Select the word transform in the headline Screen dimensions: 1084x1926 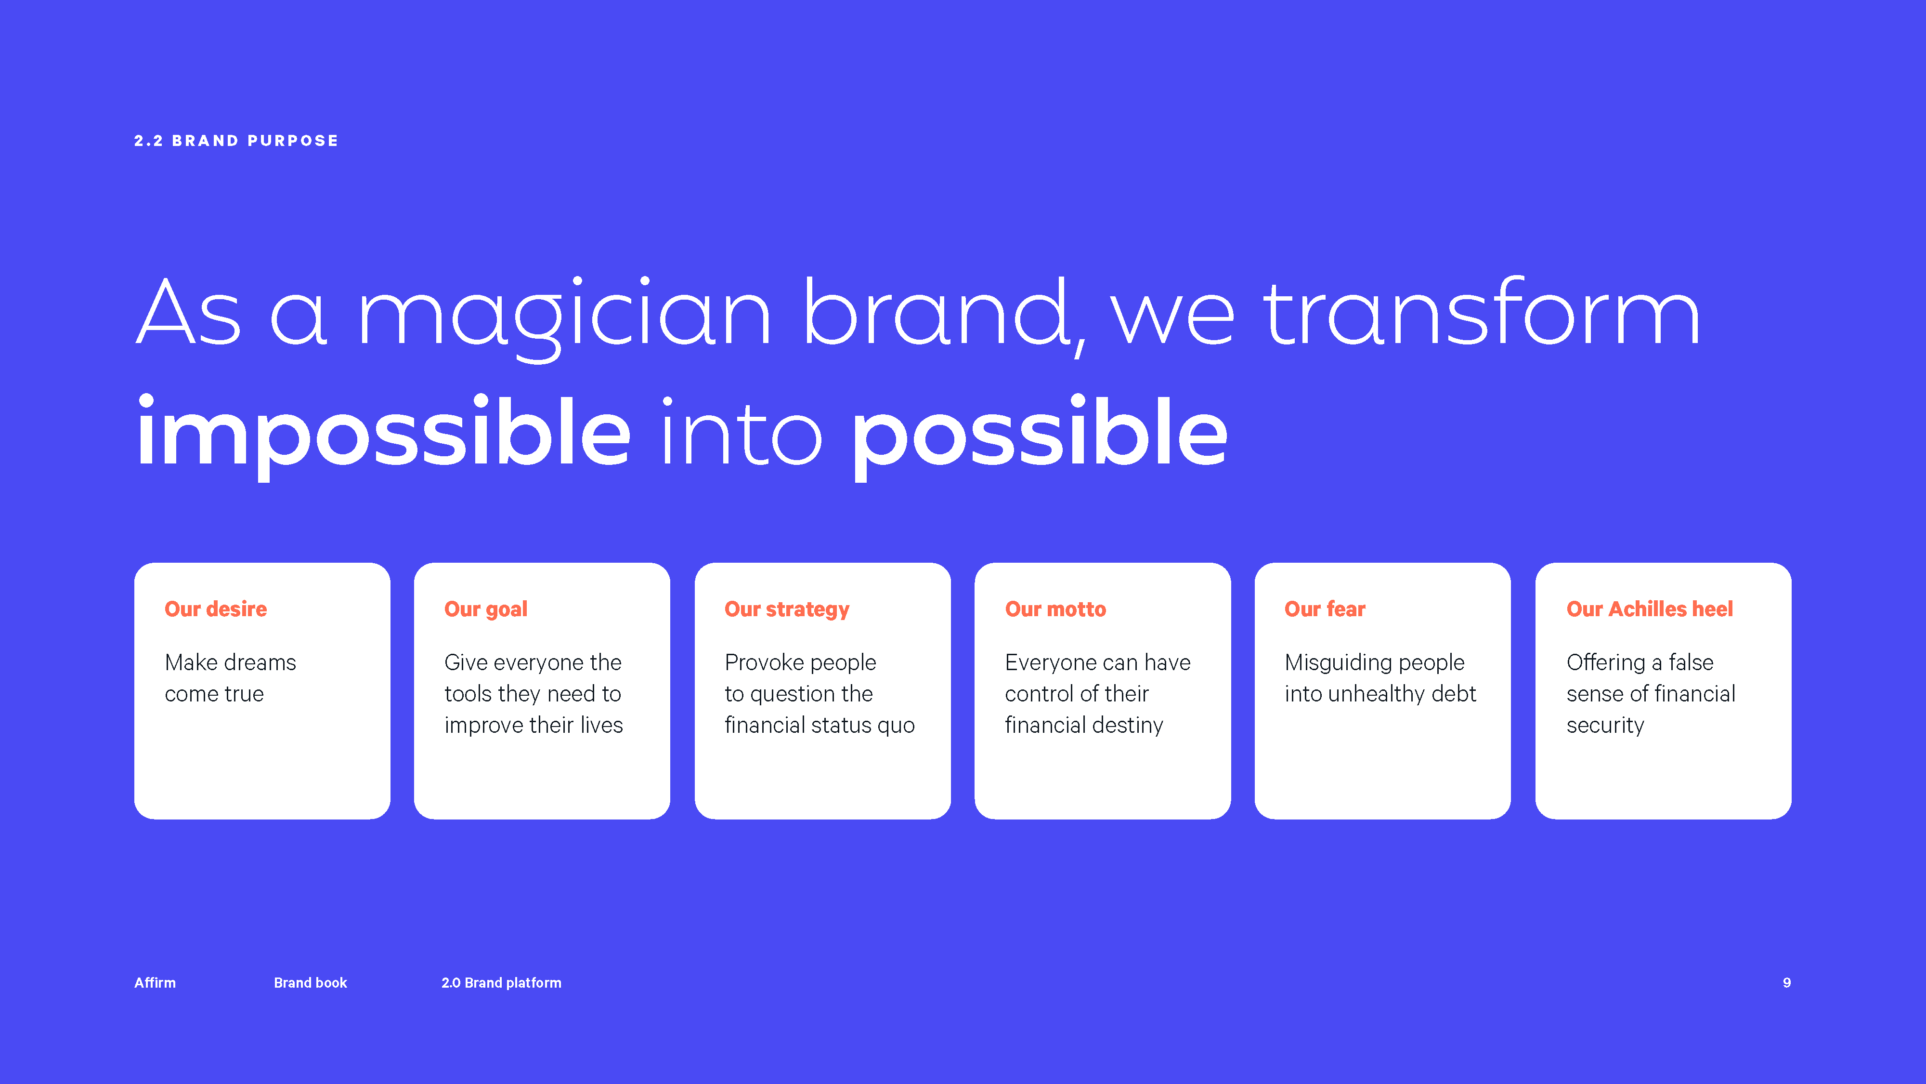pos(1482,313)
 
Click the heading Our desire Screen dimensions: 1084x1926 pos(215,609)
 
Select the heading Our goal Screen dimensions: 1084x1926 pos(486,609)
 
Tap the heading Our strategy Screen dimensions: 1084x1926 pos(787,609)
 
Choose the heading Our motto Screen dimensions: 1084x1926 pos(1055,609)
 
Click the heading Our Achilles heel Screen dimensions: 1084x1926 pos(1649,609)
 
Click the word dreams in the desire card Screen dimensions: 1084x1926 pos(261,663)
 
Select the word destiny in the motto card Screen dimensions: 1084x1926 pos(1128,726)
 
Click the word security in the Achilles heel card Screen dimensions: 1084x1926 pos(1605,726)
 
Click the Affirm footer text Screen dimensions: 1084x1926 pos(155,983)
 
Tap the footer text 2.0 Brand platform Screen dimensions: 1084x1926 pos(501,983)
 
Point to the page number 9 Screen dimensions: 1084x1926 pos(1786,983)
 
